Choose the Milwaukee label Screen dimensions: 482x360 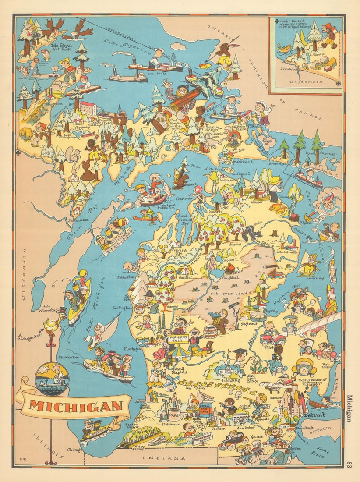tap(68, 357)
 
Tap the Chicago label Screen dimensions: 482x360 tap(75, 450)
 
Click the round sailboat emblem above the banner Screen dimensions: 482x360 tap(52, 378)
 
